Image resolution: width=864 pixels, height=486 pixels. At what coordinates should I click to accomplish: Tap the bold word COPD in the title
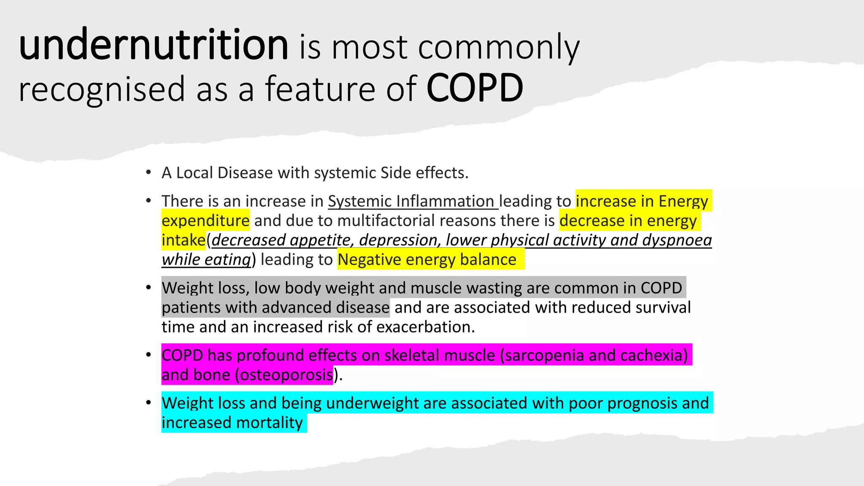pos(475,89)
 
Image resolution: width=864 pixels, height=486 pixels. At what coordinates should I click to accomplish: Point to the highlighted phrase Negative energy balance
pos(427,259)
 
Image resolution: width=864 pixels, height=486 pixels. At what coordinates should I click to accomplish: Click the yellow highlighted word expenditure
pos(205,221)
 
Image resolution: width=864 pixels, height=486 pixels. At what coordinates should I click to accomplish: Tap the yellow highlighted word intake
pos(183,240)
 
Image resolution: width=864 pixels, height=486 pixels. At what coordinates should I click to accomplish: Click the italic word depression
pos(398,240)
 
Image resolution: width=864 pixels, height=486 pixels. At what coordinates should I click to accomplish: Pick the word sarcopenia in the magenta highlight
pos(544,355)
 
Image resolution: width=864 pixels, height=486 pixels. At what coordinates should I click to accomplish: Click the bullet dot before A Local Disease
pos(148,173)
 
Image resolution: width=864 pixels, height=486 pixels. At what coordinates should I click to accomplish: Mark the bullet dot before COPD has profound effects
pos(148,355)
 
